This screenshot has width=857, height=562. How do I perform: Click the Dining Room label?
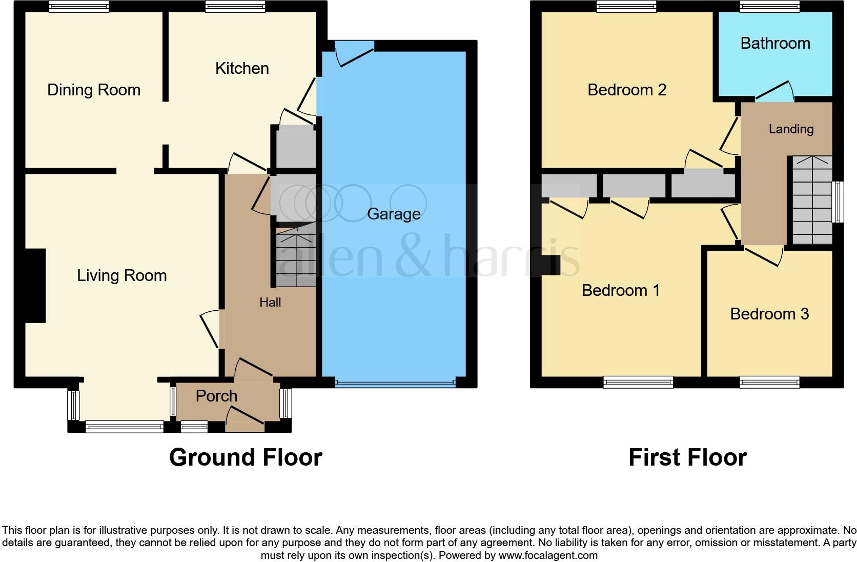94,90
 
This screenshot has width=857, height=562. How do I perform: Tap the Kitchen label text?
242,68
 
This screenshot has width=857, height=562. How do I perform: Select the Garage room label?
394,214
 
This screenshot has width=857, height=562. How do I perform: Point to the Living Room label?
122,275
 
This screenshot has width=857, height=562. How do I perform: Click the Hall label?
270,302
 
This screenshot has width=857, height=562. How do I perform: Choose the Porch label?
217,396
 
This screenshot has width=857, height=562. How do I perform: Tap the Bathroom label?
775,43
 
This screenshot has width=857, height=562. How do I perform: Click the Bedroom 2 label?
627,90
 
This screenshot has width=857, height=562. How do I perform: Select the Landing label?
791,129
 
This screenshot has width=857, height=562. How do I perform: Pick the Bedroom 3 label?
769,314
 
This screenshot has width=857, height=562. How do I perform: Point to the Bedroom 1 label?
621,290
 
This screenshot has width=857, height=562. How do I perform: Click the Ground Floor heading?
246,457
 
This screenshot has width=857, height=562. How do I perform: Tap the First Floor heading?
687,457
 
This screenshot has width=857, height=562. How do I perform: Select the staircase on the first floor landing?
811,200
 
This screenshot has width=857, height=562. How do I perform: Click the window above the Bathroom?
769,6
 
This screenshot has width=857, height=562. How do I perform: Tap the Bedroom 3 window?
769,382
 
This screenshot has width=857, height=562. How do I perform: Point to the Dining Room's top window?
79,6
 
